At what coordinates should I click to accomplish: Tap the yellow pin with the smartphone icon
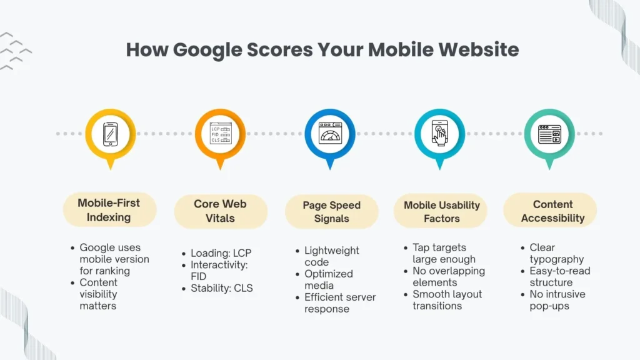coord(111,133)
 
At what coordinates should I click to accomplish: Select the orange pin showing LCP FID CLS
coord(220,133)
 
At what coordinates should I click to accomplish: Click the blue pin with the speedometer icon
coord(329,133)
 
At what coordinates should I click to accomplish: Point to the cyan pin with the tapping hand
coord(439,133)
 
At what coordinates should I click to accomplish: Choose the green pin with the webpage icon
coord(549,133)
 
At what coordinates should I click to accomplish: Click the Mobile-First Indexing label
coord(109,210)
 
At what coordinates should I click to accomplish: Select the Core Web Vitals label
coord(220,211)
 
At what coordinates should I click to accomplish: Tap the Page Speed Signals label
coord(331,212)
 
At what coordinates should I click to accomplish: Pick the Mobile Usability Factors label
coord(441,212)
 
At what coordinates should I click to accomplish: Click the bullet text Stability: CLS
coord(222,288)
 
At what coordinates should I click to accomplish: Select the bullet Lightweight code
coord(331,256)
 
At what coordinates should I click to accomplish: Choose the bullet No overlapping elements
coord(448,277)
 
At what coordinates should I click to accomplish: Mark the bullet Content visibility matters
coord(99,294)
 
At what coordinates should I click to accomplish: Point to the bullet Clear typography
coord(556,253)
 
